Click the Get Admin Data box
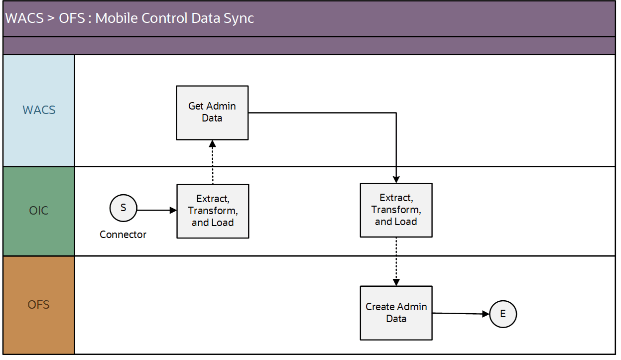pyautogui.click(x=212, y=113)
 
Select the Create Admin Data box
pyautogui.click(x=396, y=313)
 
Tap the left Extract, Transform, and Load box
pyautogui.click(x=213, y=211)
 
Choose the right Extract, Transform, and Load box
pyautogui.click(x=396, y=210)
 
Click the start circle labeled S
pyautogui.click(x=123, y=208)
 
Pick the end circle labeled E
pyautogui.click(x=503, y=314)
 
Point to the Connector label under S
pyautogui.click(x=123, y=235)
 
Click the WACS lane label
pyautogui.click(x=39, y=110)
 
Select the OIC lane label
pyautogui.click(x=39, y=211)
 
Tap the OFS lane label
pyautogui.click(x=39, y=304)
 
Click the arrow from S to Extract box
pyautogui.click(x=155, y=211)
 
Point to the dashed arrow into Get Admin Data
pyautogui.click(x=213, y=163)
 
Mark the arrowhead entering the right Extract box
pyautogui.click(x=396, y=180)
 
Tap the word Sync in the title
pyautogui.click(x=239, y=18)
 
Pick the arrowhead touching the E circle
pyautogui.click(x=486, y=314)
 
